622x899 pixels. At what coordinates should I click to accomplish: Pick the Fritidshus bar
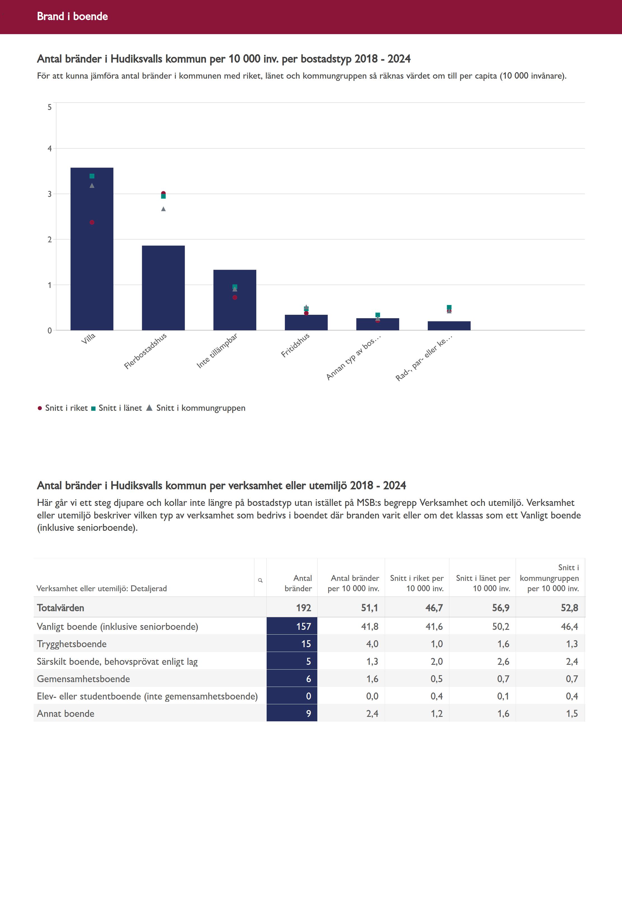[x=306, y=323]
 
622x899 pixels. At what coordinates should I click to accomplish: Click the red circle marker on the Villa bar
[x=92, y=222]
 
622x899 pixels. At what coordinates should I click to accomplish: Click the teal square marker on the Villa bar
[x=92, y=176]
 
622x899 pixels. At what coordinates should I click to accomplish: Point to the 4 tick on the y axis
[x=50, y=149]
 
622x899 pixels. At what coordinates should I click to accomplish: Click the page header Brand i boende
[x=72, y=16]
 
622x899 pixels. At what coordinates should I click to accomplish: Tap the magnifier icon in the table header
[x=260, y=580]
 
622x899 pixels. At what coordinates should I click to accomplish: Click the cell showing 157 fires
[x=292, y=626]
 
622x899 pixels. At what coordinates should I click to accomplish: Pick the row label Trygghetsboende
[x=72, y=644]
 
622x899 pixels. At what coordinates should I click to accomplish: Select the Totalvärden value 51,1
[x=369, y=608]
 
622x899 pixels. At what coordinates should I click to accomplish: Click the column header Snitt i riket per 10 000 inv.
[x=417, y=583]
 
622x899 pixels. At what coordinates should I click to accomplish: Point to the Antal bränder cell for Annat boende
[x=292, y=713]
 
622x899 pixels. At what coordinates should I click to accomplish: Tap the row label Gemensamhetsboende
[x=83, y=679]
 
